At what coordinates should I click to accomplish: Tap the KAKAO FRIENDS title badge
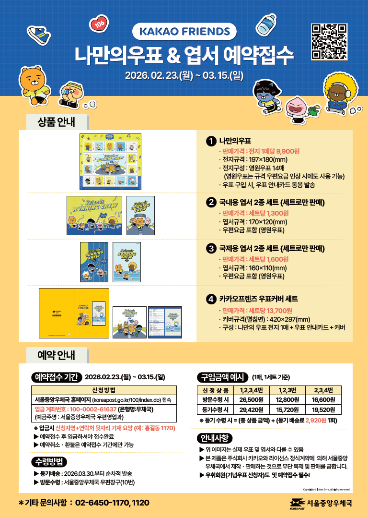tap(184, 32)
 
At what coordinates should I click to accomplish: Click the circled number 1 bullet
tap(210, 141)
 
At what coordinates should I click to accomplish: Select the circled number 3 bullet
tap(210, 249)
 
